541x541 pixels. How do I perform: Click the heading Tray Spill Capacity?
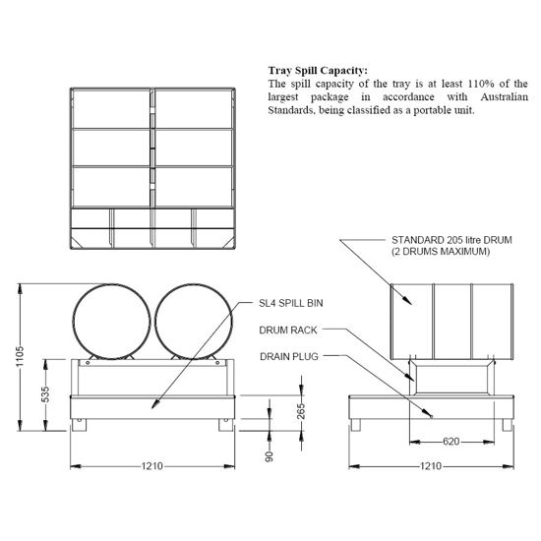point(318,71)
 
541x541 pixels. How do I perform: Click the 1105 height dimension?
point(21,356)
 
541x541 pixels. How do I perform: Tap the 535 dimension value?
point(45,394)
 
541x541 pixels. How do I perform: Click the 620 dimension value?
point(451,441)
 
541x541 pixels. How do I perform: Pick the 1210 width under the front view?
point(151,465)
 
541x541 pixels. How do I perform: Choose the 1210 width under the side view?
point(430,465)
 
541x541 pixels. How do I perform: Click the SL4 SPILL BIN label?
point(293,305)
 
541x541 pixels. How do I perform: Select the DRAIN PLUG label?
point(289,356)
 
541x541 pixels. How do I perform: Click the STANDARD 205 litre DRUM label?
point(451,240)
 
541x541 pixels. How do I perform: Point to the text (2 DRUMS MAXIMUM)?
point(439,252)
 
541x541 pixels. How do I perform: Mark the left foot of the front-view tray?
point(80,425)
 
